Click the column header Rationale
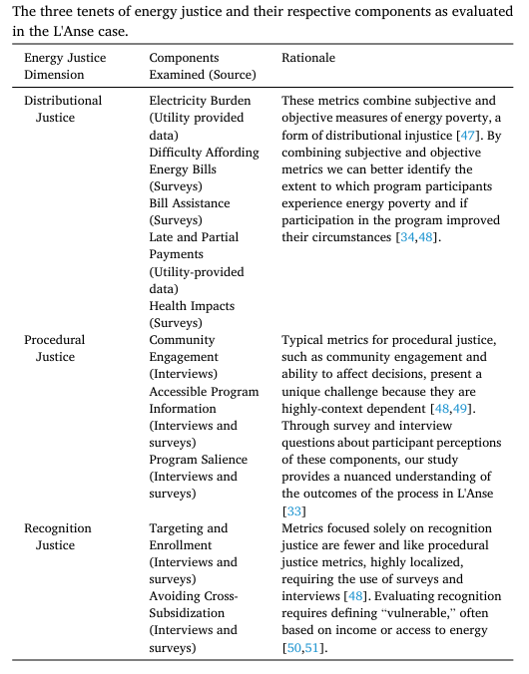(x=308, y=58)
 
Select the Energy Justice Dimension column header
(x=65, y=66)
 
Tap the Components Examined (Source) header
(x=202, y=66)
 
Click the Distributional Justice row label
(x=63, y=109)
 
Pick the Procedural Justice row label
(x=55, y=348)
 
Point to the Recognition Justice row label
(x=58, y=536)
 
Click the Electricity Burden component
(x=200, y=101)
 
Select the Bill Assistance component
(x=190, y=203)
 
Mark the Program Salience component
(x=199, y=460)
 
